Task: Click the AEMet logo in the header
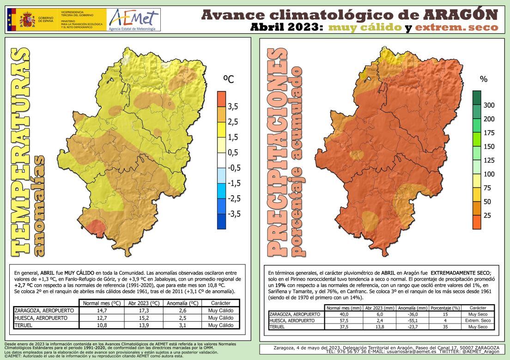(133, 19)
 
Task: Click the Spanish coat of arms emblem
(28, 20)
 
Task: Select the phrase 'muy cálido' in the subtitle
(364, 28)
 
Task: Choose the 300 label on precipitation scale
(489, 105)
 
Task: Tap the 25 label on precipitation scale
(487, 216)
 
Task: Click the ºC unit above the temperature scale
(229, 80)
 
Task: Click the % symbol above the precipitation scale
(484, 79)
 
